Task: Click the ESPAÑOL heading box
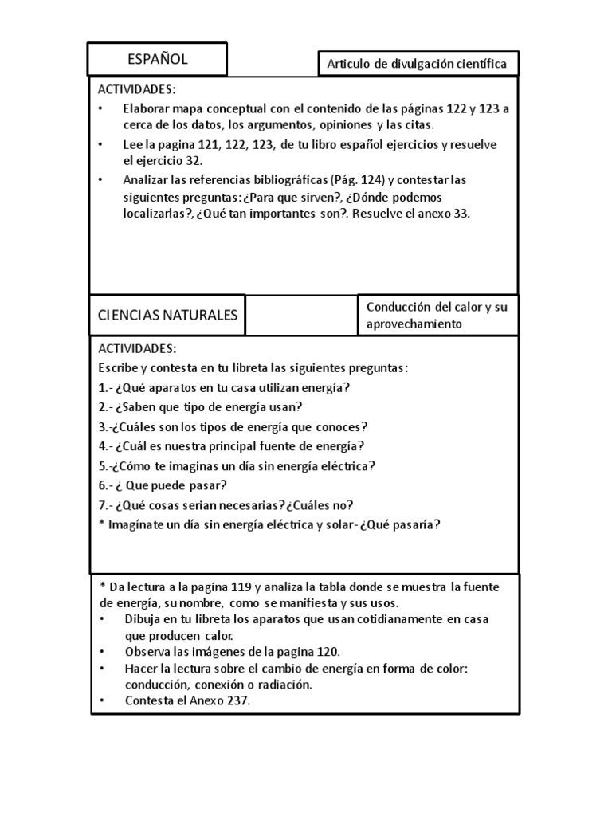click(157, 59)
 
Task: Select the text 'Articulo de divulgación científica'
click(417, 65)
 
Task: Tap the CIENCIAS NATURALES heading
click(167, 315)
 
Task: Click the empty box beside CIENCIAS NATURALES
click(300, 316)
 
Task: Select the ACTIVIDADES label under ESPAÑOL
click(136, 89)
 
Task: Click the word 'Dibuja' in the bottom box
click(143, 619)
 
